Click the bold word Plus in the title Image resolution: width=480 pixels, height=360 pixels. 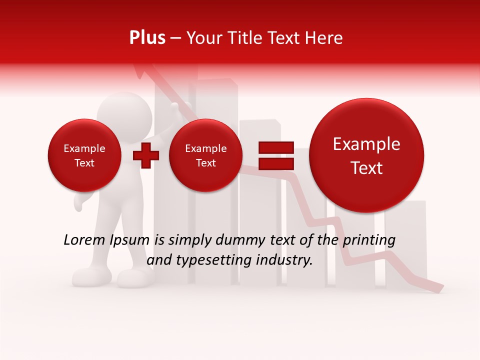point(147,38)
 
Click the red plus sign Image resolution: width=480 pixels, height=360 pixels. point(145,155)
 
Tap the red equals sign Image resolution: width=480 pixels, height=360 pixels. point(275,155)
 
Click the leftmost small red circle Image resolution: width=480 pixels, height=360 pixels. point(84,155)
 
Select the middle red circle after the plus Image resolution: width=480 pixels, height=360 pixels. point(205,155)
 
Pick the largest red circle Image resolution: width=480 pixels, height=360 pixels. point(366,155)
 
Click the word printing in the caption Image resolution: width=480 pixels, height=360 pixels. point(368,240)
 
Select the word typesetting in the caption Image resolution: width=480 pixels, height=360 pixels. point(208,260)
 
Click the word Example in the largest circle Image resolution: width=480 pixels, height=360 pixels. point(366,144)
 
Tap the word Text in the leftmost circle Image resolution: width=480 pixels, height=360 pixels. point(84,163)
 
